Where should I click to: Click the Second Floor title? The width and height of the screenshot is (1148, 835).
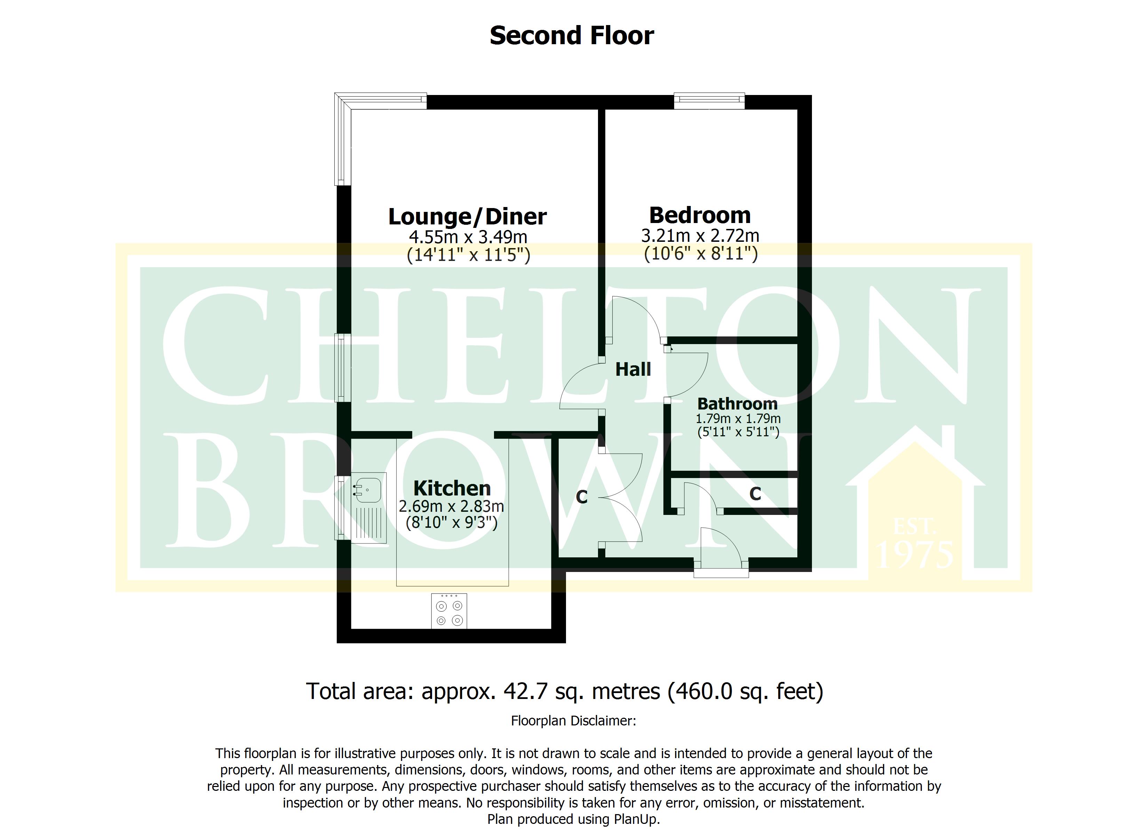[x=572, y=36]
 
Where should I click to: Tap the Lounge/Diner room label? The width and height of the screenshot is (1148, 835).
[x=467, y=217]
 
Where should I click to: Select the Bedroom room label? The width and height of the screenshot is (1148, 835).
[x=700, y=215]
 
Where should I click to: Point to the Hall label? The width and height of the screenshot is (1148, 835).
[x=633, y=369]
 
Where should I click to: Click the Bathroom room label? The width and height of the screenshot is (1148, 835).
[x=738, y=404]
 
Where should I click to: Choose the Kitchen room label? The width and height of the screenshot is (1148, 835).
[x=452, y=488]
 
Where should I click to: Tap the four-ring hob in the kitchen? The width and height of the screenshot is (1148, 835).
[x=449, y=611]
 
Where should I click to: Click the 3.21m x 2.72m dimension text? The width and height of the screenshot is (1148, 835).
[x=700, y=236]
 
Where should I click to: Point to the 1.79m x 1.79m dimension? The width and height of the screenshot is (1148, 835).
[x=738, y=419]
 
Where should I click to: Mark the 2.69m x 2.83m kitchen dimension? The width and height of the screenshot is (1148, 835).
[x=452, y=506]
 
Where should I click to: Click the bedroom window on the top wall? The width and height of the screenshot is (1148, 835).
[x=709, y=101]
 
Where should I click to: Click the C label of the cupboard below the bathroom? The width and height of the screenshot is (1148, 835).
[x=755, y=494]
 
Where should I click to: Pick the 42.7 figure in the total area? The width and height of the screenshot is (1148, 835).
[x=526, y=691]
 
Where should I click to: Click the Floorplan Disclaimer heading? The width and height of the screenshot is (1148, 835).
[x=574, y=721]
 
